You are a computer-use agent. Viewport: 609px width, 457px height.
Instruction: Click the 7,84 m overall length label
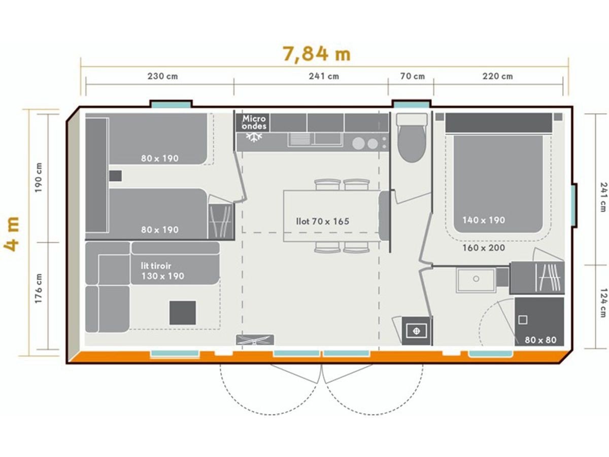(317, 54)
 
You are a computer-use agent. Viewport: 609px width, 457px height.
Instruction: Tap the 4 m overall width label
(12, 234)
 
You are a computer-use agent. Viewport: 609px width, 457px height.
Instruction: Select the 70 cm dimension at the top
(412, 76)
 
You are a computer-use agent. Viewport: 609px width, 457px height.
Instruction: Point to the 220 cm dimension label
(497, 76)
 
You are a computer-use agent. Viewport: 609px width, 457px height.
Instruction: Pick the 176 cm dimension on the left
(39, 288)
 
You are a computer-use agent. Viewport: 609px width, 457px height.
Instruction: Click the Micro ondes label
(254, 122)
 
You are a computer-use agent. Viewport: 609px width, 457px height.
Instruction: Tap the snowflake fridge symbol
(254, 137)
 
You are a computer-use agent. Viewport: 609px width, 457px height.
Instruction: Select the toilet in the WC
(412, 138)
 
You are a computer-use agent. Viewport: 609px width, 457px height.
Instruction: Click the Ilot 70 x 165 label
(322, 221)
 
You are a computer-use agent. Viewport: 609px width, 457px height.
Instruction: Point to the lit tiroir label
(156, 266)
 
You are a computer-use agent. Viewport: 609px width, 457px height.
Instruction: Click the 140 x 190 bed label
(484, 220)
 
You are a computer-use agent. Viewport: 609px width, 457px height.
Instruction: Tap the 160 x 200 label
(484, 248)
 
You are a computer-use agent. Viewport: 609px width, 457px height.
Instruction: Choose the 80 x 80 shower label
(540, 340)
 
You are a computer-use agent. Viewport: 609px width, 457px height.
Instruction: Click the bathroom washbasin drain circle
(476, 279)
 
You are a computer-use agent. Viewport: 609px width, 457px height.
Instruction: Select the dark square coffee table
(183, 313)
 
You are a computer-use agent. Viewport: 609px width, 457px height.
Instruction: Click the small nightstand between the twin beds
(115, 176)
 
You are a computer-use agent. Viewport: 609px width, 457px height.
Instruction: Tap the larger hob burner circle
(358, 144)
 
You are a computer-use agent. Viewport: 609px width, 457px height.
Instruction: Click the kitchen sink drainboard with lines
(299, 139)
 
